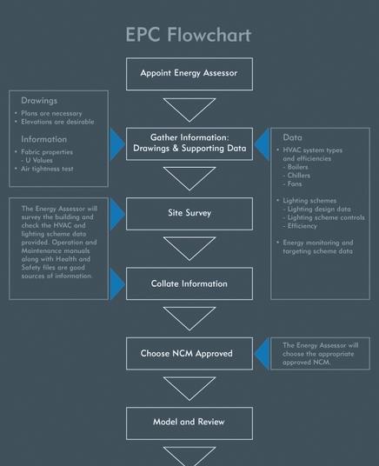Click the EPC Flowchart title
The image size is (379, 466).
click(x=189, y=35)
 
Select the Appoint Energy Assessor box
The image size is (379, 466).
click(x=189, y=74)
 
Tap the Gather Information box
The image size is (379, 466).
click(x=189, y=143)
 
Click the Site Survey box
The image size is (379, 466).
click(x=189, y=213)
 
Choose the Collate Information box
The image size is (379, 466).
click(x=189, y=283)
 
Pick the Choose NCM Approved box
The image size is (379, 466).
click(x=189, y=354)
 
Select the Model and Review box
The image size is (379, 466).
click(x=189, y=423)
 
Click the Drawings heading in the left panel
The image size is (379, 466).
click(x=39, y=101)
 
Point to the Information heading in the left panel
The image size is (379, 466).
click(x=44, y=139)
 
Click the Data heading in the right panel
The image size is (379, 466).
click(x=293, y=137)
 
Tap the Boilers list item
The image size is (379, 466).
click(x=298, y=167)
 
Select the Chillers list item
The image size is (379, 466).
click(x=299, y=176)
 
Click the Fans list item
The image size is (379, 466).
click(x=296, y=184)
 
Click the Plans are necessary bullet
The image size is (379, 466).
click(x=51, y=113)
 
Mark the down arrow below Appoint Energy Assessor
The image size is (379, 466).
click(x=189, y=108)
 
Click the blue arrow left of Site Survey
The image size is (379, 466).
click(x=117, y=214)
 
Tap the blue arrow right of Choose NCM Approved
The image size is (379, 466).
click(x=262, y=354)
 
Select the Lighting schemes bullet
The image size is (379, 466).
click(x=309, y=201)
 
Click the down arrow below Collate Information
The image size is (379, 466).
click(x=189, y=317)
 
